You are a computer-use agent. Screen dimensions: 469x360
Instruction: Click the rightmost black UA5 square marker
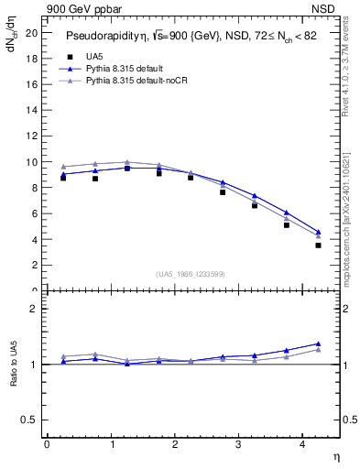coord(318,245)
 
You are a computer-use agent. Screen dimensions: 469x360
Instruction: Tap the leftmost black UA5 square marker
coord(62,178)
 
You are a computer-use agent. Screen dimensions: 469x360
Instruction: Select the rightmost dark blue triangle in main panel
coord(318,232)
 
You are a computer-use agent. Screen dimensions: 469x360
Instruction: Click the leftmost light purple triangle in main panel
coord(62,167)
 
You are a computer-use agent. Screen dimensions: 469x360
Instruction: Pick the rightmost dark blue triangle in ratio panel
coord(318,344)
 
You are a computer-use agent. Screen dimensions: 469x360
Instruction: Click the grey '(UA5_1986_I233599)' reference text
coord(191,274)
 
